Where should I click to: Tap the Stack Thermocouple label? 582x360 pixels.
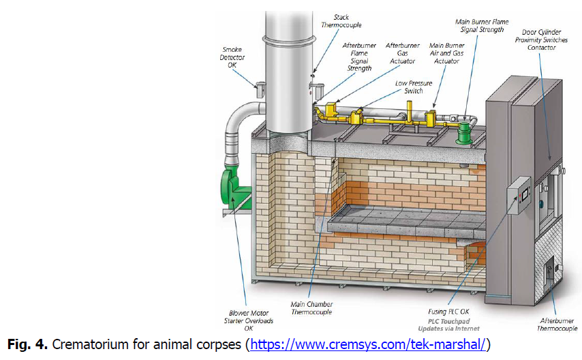pyautogui.click(x=341, y=20)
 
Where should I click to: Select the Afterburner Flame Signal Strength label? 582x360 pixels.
pyautogui.click(x=359, y=57)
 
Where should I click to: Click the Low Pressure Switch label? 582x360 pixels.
pyautogui.click(x=413, y=87)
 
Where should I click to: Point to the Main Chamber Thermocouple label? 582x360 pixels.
pyautogui.click(x=311, y=308)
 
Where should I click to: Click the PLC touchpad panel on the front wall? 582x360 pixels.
pyautogui.click(x=519, y=196)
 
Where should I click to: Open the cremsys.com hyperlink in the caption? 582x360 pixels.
pyautogui.click(x=369, y=343)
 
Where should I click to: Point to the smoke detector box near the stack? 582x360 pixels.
pyautogui.click(x=261, y=88)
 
